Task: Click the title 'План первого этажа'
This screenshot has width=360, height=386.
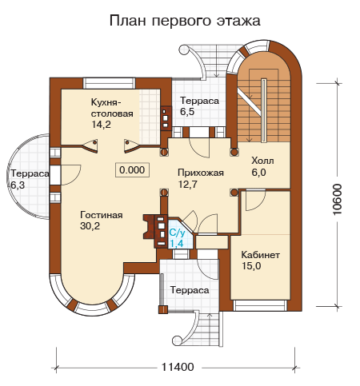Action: (x=185, y=21)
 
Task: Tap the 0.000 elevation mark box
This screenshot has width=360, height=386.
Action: (x=132, y=170)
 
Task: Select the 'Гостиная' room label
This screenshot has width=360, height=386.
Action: (x=102, y=215)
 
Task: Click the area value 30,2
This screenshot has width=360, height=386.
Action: (x=90, y=226)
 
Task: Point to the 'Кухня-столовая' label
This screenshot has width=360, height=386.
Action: (x=112, y=108)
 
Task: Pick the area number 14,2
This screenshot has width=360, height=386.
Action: (x=101, y=125)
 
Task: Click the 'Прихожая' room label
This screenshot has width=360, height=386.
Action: (x=201, y=173)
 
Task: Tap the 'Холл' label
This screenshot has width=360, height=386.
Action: (x=262, y=161)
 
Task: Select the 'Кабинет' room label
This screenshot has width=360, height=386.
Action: (x=260, y=255)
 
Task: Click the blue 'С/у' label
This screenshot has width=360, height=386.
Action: (x=177, y=233)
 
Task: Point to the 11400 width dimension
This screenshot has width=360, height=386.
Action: (x=178, y=367)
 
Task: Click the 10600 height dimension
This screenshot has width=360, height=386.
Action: (x=338, y=199)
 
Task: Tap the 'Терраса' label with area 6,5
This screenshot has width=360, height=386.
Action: (x=199, y=101)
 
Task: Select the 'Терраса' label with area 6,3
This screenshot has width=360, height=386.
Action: (x=30, y=173)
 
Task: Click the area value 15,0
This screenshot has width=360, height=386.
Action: (x=251, y=266)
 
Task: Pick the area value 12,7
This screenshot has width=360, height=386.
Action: (x=188, y=184)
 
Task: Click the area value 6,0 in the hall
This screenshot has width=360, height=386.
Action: (x=258, y=173)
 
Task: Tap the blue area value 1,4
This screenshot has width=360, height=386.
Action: (x=177, y=244)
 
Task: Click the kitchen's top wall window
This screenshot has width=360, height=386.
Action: (x=109, y=83)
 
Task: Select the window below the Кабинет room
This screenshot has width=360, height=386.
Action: (x=260, y=305)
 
